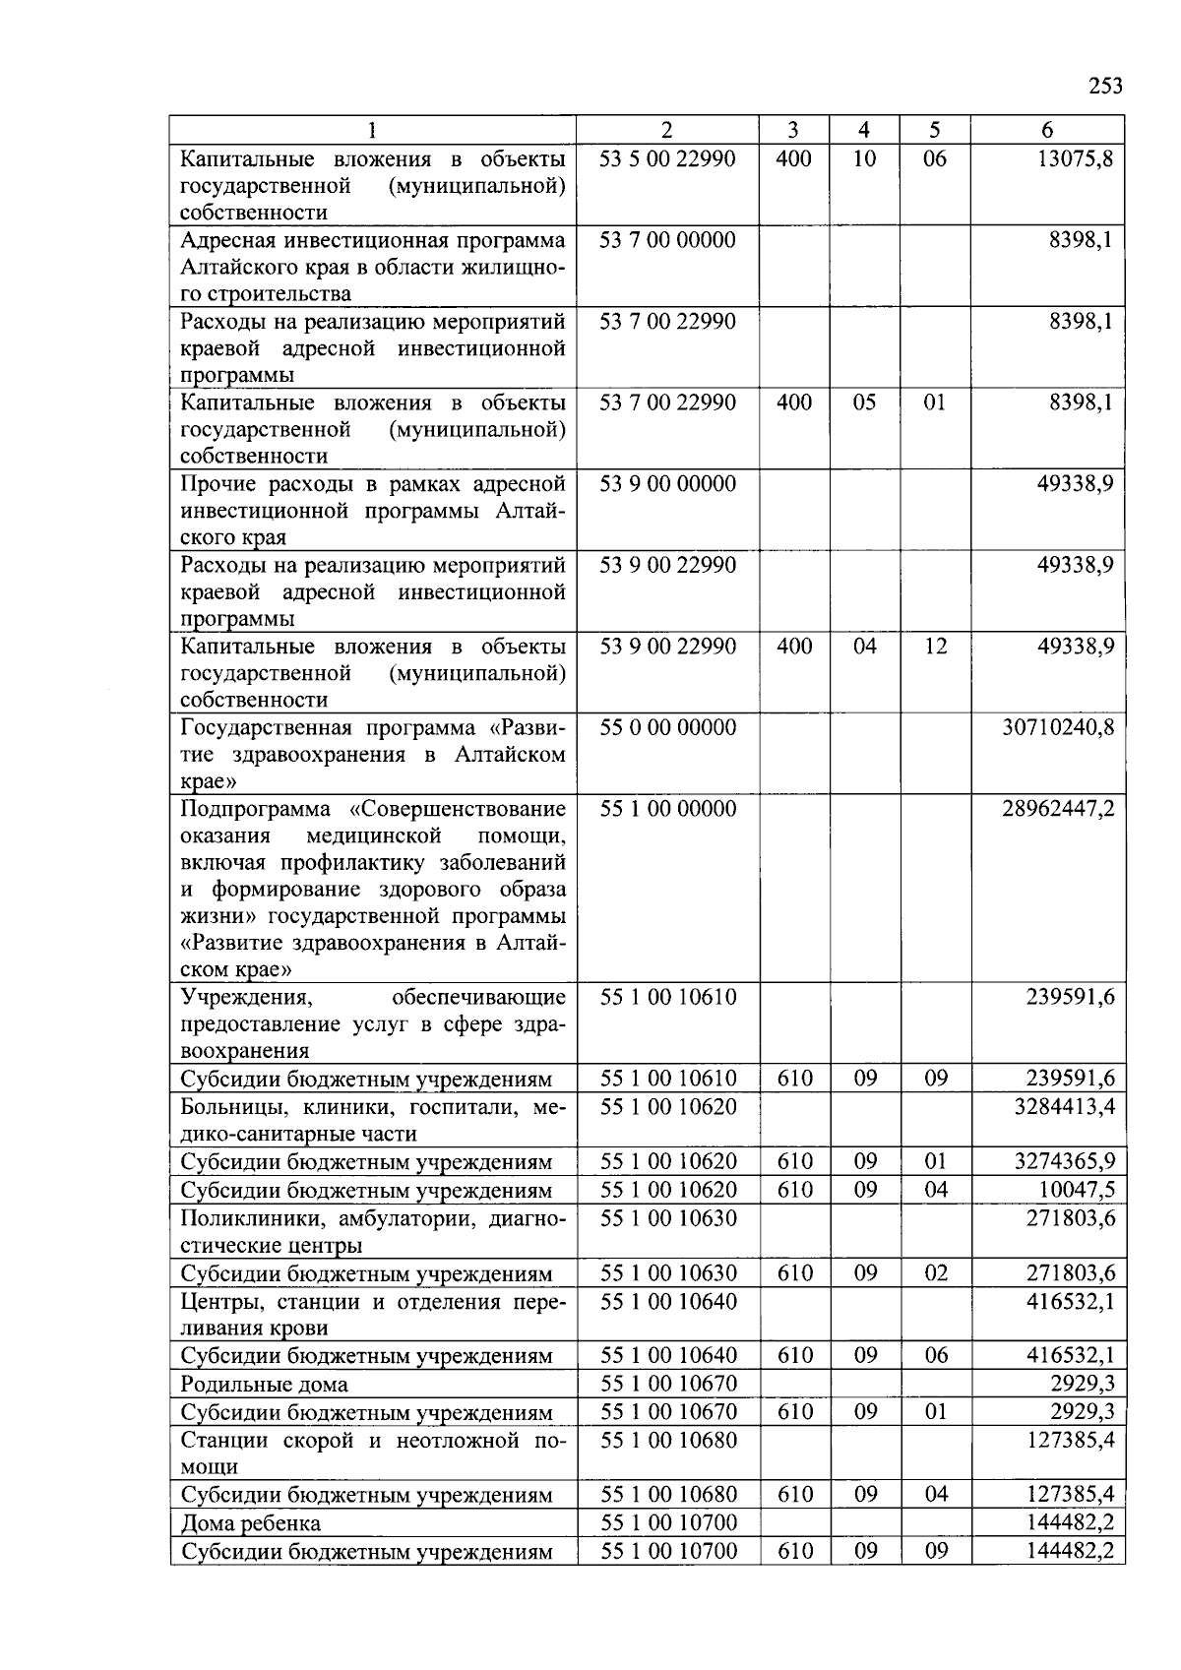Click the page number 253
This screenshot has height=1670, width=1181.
[x=1104, y=86]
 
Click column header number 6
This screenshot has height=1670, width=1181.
[x=1047, y=130]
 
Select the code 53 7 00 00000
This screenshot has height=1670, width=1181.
[x=667, y=240]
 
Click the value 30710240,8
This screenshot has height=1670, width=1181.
[x=1058, y=727]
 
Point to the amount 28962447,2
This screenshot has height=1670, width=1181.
[x=1058, y=809]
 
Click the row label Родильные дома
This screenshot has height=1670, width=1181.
[x=264, y=1385]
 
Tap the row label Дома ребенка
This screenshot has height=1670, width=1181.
[x=250, y=1523]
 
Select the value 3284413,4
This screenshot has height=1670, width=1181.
[x=1064, y=1106]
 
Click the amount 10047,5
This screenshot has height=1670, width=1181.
[x=1077, y=1190]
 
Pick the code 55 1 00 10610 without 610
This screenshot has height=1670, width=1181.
[x=667, y=997]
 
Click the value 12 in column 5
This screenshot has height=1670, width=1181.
[x=935, y=647]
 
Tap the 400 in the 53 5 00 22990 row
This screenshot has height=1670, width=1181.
[x=793, y=158]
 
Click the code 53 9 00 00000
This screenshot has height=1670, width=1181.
[x=667, y=484]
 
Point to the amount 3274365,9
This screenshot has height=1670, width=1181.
[x=1064, y=1162]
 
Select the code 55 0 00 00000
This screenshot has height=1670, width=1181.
[x=667, y=727]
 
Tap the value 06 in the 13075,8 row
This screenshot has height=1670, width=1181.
[x=935, y=158]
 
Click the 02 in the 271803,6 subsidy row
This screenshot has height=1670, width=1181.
[x=935, y=1273]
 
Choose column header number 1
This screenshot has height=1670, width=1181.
[x=372, y=130]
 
